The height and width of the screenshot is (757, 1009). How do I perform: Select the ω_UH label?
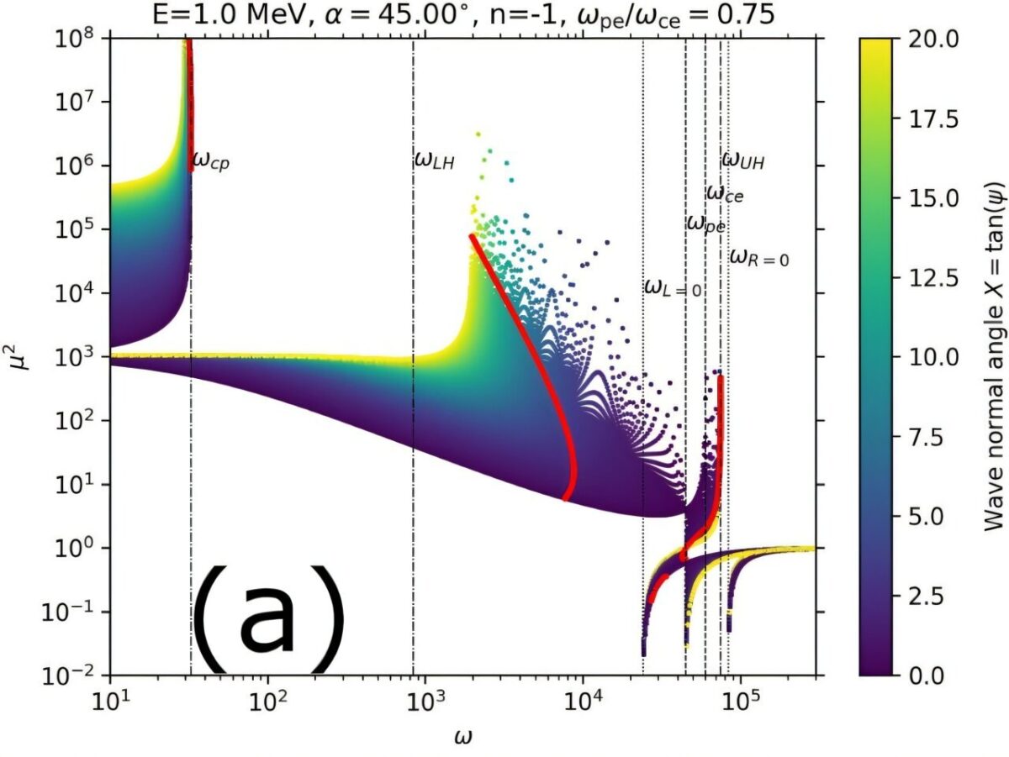[x=744, y=159]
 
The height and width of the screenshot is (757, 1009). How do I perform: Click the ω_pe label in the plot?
[x=705, y=223]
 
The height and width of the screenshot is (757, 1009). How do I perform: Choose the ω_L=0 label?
[x=673, y=287]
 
